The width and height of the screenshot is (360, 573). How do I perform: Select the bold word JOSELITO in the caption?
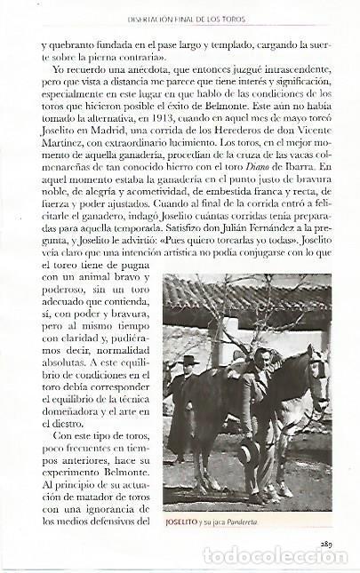(188, 523)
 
